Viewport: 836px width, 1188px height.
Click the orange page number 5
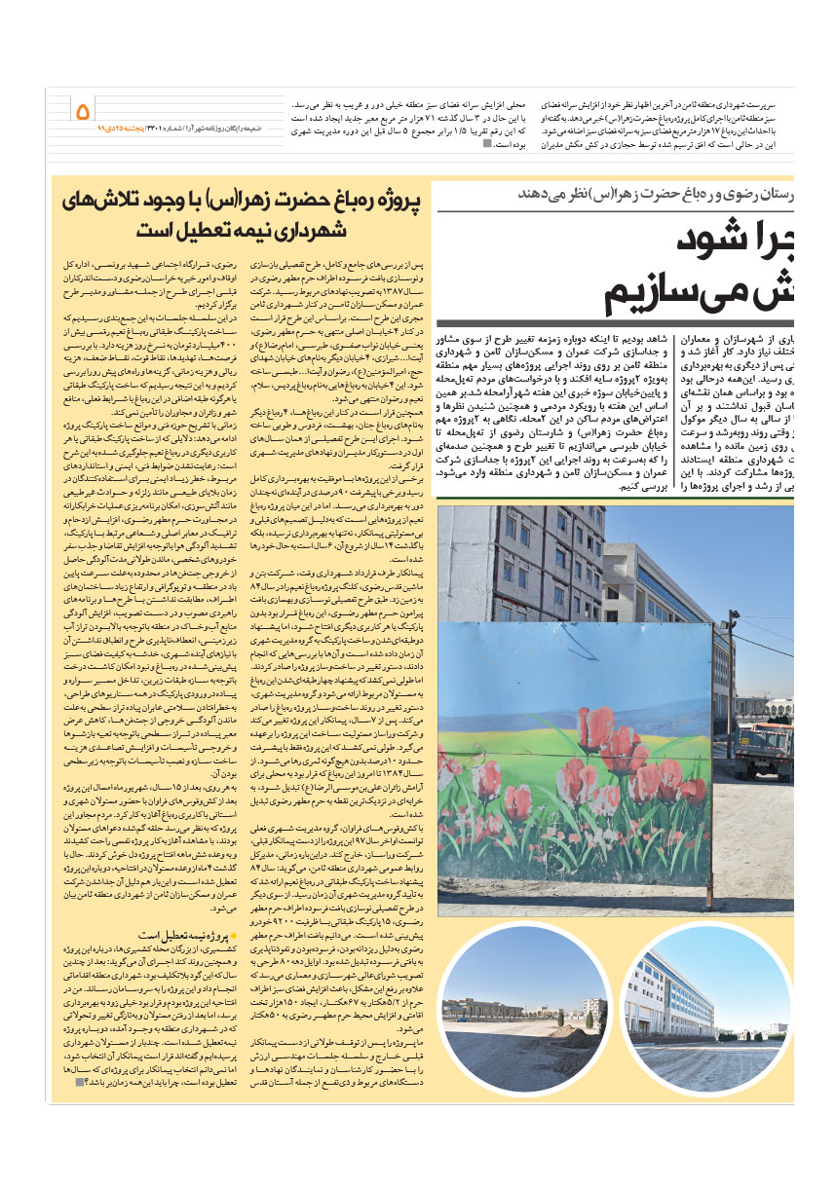83,111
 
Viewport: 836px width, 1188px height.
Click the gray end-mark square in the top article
488,144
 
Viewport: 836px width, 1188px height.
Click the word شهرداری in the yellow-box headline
310,231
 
